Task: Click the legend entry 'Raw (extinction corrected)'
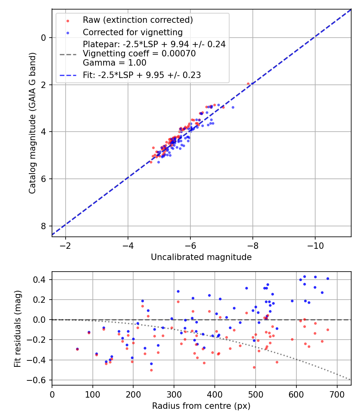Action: tap(138, 20)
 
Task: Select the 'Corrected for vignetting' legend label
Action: tap(132, 32)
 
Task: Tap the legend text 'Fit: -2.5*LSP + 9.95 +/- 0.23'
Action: tap(142, 75)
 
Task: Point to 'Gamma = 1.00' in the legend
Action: tap(114, 63)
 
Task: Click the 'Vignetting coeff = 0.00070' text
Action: tap(139, 54)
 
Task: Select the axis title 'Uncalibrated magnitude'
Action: tap(201, 257)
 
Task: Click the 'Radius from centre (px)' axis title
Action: tap(201, 406)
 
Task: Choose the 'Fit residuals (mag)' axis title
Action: tap(17, 328)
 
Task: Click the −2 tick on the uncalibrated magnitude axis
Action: tap(66, 245)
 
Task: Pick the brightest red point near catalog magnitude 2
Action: tap(248, 84)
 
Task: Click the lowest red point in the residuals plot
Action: tap(151, 370)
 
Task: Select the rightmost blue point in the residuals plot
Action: tap(328, 279)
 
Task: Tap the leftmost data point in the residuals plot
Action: tap(77, 349)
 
